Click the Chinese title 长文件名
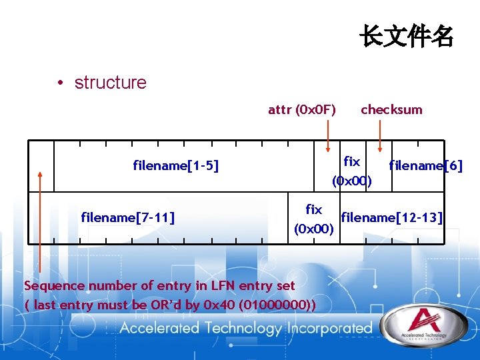coord(406,36)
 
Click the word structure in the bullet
coord(110,83)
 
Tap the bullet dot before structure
coord(60,83)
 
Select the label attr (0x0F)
coord(302,109)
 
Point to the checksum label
coord(391,109)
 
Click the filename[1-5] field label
coord(176,165)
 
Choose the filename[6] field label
coord(425,165)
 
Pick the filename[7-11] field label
coord(128,217)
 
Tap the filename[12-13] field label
coord(392,217)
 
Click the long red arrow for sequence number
coord(40,220)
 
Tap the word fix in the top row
coord(351,161)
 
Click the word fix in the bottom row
coord(313,209)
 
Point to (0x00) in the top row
coord(352,181)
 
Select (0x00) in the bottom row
coord(314,229)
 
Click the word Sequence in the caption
coord(54,285)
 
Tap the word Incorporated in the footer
coord(329,328)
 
